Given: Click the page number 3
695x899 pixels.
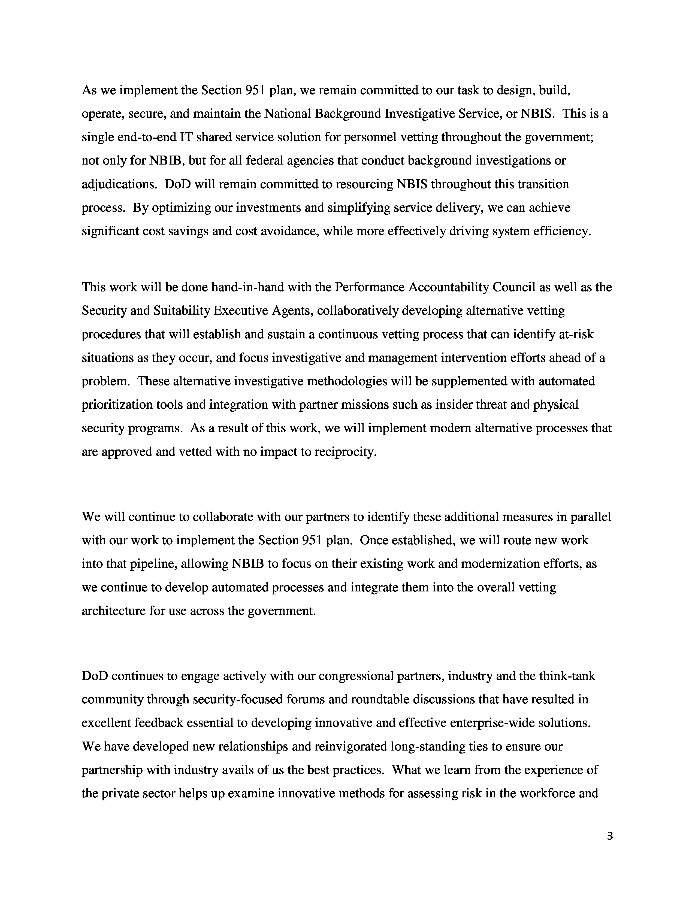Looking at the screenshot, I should point(610,836).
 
